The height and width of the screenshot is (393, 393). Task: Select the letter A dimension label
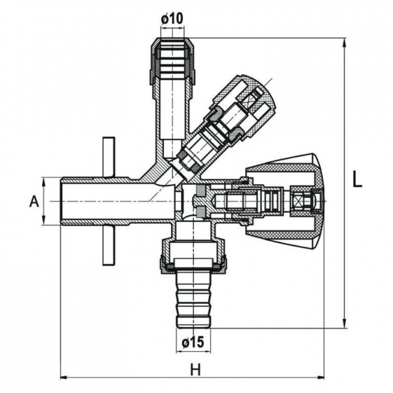pyautogui.click(x=34, y=202)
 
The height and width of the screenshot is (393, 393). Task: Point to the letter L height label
pyautogui.click(x=356, y=180)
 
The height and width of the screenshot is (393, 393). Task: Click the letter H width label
pyautogui.click(x=195, y=369)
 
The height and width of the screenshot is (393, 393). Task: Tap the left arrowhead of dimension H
pyautogui.click(x=64, y=377)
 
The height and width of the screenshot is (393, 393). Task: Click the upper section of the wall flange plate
pyautogui.click(x=109, y=157)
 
